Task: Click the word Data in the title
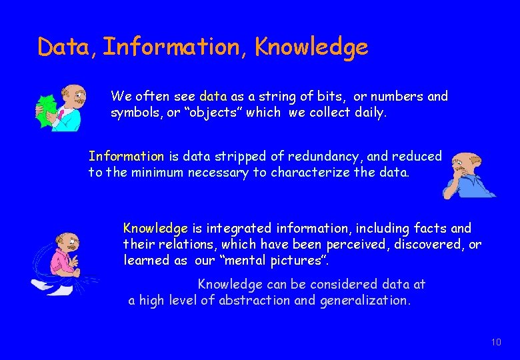pos(65,47)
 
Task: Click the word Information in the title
pos(174,47)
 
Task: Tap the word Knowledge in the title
pos(311,47)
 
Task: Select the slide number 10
pos(495,342)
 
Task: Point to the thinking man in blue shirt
pos(468,174)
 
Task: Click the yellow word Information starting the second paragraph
pos(126,157)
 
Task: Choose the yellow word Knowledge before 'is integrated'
pos(155,229)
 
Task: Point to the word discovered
pos(427,245)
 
